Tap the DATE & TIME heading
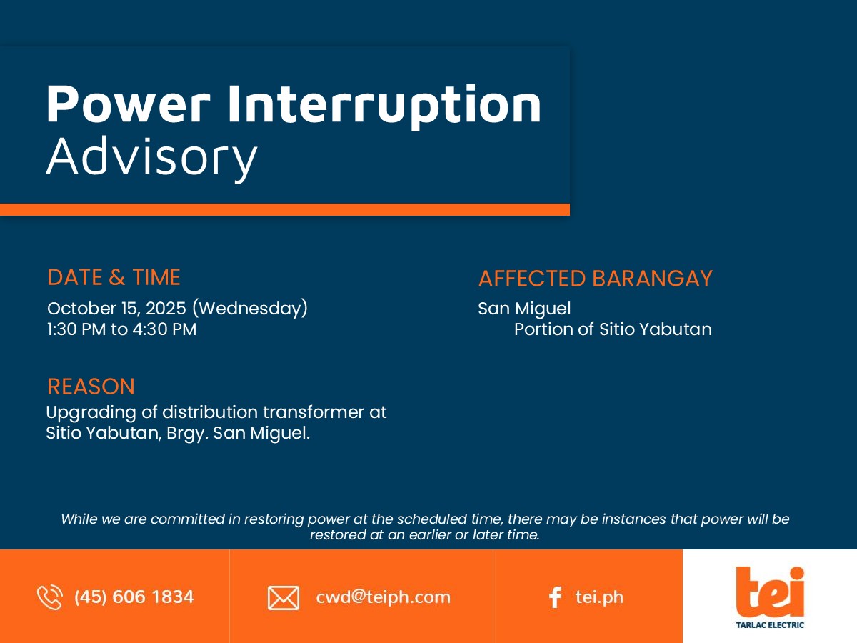click(114, 277)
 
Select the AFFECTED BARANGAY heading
click(596, 279)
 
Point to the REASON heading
click(91, 387)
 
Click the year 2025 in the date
click(166, 309)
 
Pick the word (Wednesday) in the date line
click(250, 309)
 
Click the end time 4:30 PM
click(164, 329)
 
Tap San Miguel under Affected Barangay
click(524, 309)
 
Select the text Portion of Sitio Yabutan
click(613, 329)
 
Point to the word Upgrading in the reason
click(91, 413)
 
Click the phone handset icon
click(49, 597)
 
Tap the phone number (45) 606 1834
click(134, 597)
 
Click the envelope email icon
click(284, 598)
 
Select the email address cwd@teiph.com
click(383, 597)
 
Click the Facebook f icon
click(555, 597)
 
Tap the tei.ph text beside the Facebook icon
click(599, 597)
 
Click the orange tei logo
click(770, 592)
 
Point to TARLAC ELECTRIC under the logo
click(770, 625)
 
